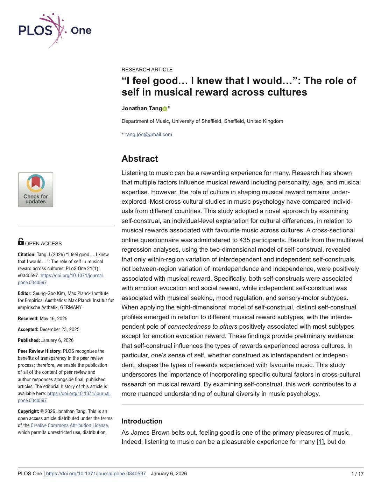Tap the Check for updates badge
[36, 190]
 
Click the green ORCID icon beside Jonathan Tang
[165, 109]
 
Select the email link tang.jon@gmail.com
[149, 134]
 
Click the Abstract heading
[140, 159]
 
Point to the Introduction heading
[142, 421]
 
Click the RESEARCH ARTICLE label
[147, 70]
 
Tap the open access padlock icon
[21, 241]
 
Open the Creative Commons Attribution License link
[69, 425]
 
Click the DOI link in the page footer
[96, 474]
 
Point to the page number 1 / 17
[357, 474]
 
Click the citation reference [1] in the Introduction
[320, 442]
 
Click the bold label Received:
[28, 318]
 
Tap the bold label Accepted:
[28, 329]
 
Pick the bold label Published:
[29, 340]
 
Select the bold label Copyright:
[28, 411]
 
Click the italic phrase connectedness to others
[202, 327]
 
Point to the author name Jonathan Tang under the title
[142, 108]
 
